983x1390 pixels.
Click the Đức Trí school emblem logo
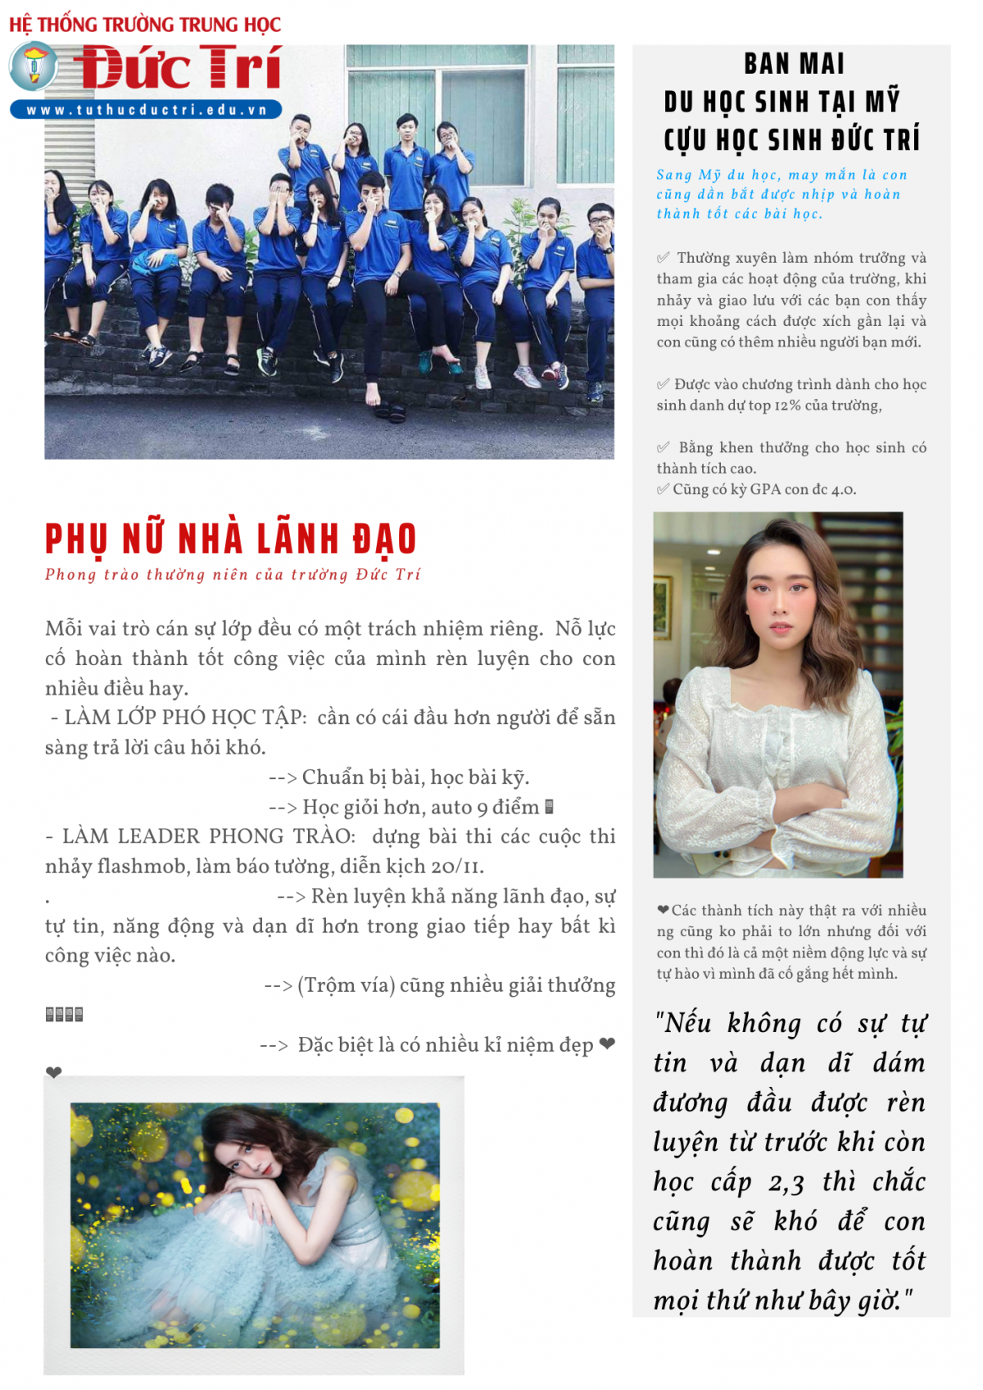coord(33,66)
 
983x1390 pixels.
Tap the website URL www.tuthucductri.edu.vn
coord(146,110)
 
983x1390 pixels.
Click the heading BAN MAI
coord(793,64)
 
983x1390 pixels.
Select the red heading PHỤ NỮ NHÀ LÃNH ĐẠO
coord(230,539)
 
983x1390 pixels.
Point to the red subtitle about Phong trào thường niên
coord(233,574)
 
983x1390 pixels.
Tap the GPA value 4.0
coord(843,490)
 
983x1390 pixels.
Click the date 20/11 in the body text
coord(456,867)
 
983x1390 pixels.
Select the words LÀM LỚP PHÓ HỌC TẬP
coord(184,718)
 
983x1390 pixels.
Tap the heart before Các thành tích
coord(663,910)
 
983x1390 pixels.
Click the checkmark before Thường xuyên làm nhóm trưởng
coord(664,258)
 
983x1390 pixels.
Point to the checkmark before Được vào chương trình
coord(663,384)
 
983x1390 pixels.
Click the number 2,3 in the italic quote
coord(786,1183)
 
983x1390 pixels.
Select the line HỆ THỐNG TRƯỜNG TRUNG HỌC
coord(145,25)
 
